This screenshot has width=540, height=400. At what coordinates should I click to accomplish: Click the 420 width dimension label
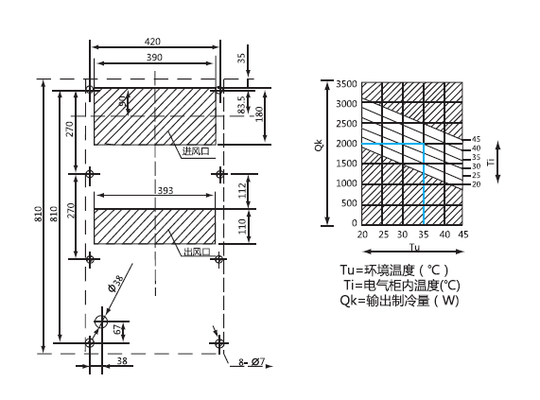pos(152,42)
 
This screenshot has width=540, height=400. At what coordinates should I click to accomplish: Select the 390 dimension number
pos(154,58)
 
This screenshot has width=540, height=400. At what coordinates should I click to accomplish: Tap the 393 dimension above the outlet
pos(165,191)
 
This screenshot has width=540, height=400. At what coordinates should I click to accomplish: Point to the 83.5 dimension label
pos(241,105)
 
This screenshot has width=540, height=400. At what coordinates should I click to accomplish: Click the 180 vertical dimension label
pos(259,114)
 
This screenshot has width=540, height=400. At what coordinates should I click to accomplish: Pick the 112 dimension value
pos(242,191)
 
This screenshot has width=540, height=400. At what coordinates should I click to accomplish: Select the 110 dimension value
pos(242,226)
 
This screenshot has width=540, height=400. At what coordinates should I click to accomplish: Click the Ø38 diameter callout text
pos(115,284)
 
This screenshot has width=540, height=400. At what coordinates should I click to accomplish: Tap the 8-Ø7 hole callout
pos(252,362)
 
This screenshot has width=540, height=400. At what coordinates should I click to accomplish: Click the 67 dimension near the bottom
pos(118,329)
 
